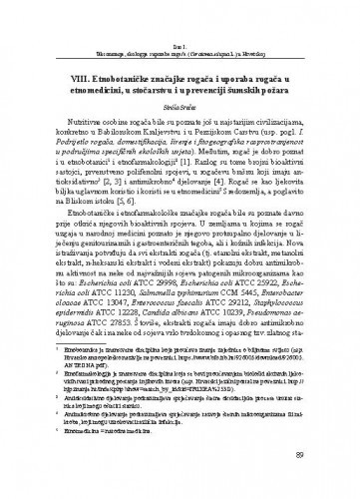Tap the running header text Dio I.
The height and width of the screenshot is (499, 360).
coord(180,11)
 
